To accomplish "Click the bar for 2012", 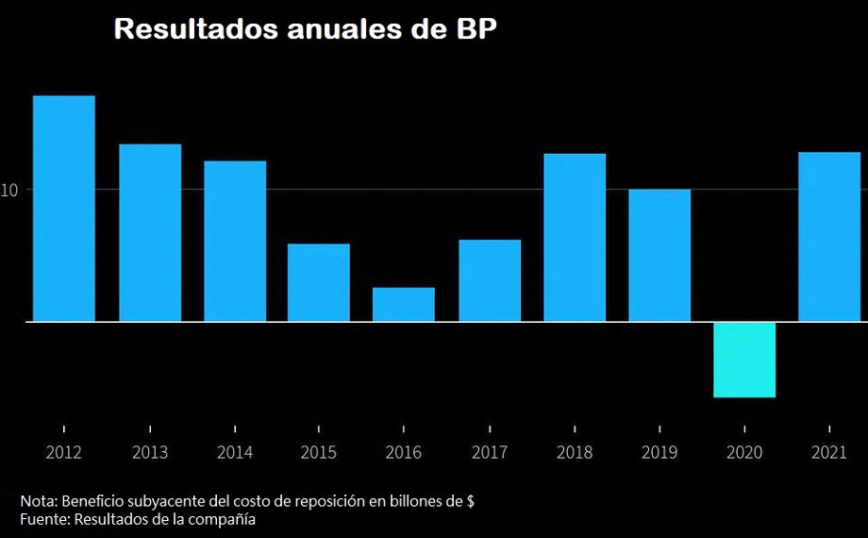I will pos(64,209).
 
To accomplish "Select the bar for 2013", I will pos(150,232).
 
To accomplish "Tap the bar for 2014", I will pos(235,241).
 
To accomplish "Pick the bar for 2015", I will pos(319,282).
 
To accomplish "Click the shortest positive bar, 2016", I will pos(404,304).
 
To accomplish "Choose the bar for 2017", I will pos(490,280).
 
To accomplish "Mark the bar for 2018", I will pos(575,237).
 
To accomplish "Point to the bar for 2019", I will pos(659,255).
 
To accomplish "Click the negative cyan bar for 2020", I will pos(744,360).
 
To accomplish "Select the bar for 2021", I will pos(829,237).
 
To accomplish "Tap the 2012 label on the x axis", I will pos(64,453).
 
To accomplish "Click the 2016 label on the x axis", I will pos(404,453).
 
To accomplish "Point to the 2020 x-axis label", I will pos(744,453).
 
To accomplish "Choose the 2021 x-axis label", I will pos(829,453).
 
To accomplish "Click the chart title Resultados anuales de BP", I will pos(305,28).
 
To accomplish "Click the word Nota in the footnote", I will pos(37,501).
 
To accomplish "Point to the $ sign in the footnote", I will pos(470,501).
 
